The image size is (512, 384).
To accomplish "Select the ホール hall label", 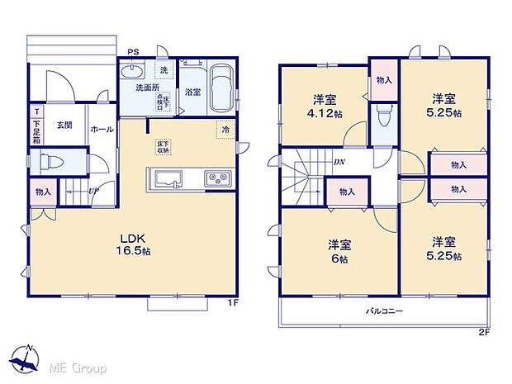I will tap(102, 129).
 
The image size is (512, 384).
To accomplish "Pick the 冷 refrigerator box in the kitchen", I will tap(224, 129).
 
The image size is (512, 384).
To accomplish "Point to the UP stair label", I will tap(94, 192).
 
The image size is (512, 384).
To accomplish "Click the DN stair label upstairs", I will tap(339, 162).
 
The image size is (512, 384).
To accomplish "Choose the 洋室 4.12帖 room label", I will tap(323, 107).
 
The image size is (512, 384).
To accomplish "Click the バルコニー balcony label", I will tap(384, 313).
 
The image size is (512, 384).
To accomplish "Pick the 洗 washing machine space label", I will tap(164, 69).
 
